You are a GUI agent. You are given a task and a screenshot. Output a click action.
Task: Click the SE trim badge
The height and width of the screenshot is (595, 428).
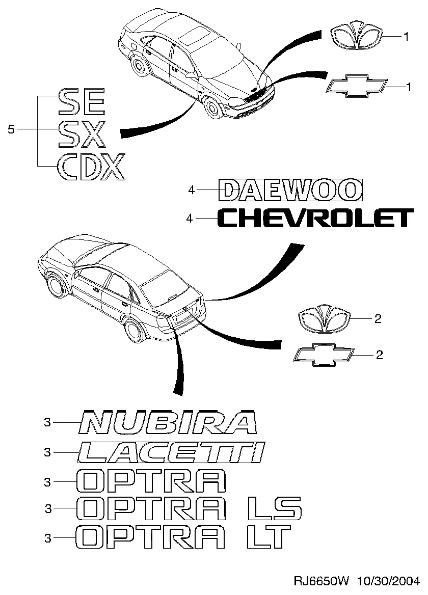tap(82, 102)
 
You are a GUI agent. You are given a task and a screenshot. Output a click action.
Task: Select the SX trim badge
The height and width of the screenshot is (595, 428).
tap(82, 134)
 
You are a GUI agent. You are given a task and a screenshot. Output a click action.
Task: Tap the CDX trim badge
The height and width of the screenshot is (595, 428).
tap(91, 167)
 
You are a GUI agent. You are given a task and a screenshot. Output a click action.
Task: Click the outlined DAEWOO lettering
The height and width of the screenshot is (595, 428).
tap(291, 190)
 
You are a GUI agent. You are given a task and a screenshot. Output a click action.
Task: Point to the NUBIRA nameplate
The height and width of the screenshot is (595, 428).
tap(168, 422)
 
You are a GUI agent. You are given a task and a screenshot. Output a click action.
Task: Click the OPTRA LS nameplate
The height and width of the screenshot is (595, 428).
tap(189, 508)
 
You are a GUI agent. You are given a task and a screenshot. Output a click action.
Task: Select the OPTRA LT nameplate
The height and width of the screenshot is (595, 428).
tap(183, 537)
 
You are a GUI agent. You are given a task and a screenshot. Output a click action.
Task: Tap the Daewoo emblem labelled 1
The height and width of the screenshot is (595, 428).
tap(356, 37)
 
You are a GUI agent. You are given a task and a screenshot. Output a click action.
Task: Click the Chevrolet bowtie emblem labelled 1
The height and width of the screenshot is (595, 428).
tap(356, 87)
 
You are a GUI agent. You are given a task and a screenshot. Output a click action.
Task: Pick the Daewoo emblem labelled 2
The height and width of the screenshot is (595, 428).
tap(325, 319)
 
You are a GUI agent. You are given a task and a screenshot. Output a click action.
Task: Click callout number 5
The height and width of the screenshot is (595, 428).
tap(11, 130)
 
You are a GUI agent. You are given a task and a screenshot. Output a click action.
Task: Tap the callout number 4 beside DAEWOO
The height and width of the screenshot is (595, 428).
tap(191, 190)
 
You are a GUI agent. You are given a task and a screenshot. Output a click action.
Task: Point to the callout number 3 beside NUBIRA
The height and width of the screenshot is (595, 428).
tap(47, 422)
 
